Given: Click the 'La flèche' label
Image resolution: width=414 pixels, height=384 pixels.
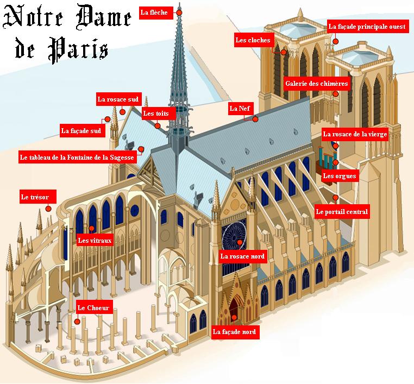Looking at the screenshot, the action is [x=156, y=12].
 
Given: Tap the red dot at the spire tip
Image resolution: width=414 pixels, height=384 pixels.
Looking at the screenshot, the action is [x=179, y=12].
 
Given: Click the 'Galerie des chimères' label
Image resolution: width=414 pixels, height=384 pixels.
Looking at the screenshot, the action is [x=317, y=84].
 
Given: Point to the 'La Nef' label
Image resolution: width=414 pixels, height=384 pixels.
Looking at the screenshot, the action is [x=240, y=109].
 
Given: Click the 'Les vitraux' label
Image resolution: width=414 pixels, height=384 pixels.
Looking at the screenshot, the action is [x=95, y=240].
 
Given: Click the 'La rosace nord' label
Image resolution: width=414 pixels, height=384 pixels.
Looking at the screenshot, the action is [x=243, y=256].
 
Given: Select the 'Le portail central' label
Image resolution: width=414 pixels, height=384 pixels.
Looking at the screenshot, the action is [x=342, y=212].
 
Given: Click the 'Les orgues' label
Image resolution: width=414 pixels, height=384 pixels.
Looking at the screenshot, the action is [x=340, y=176].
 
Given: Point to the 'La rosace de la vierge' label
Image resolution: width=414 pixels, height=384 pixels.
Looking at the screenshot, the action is [x=355, y=134].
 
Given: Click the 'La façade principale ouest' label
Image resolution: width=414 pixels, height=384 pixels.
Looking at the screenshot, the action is [x=367, y=27].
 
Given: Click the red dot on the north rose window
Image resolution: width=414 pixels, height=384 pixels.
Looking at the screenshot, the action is [x=240, y=242].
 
